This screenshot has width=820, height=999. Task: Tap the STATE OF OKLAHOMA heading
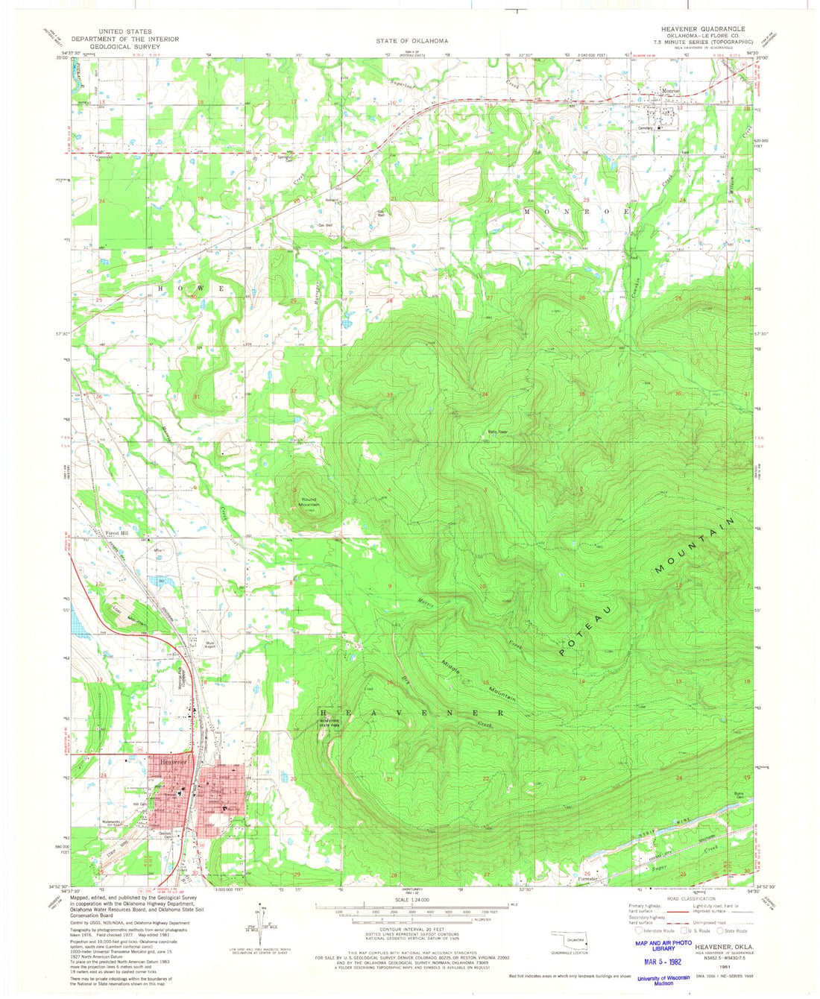pos(411,41)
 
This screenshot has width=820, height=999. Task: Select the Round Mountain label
pos(309,502)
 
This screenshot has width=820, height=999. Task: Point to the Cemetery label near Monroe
pos(645,127)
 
